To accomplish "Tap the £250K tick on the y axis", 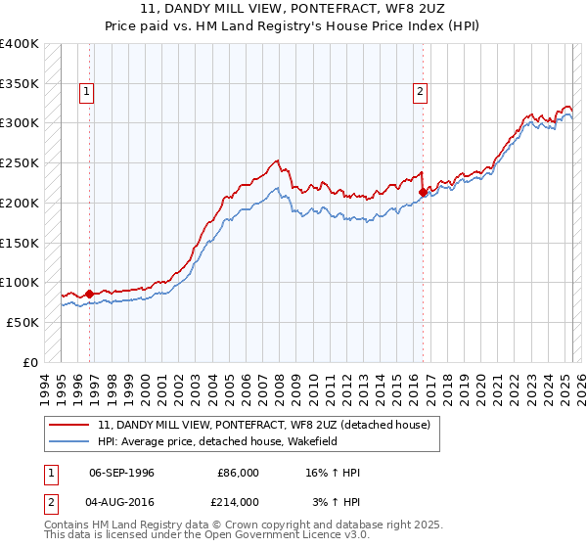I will tap(20, 163).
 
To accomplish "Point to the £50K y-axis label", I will tap(22, 322).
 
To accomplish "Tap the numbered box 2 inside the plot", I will tap(420, 93).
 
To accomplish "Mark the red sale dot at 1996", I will tap(89, 294).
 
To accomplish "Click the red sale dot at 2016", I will tap(423, 192).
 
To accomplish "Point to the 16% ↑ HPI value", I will tap(333, 473).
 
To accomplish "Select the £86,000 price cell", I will tap(238, 473).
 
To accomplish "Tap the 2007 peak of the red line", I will tap(278, 160).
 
